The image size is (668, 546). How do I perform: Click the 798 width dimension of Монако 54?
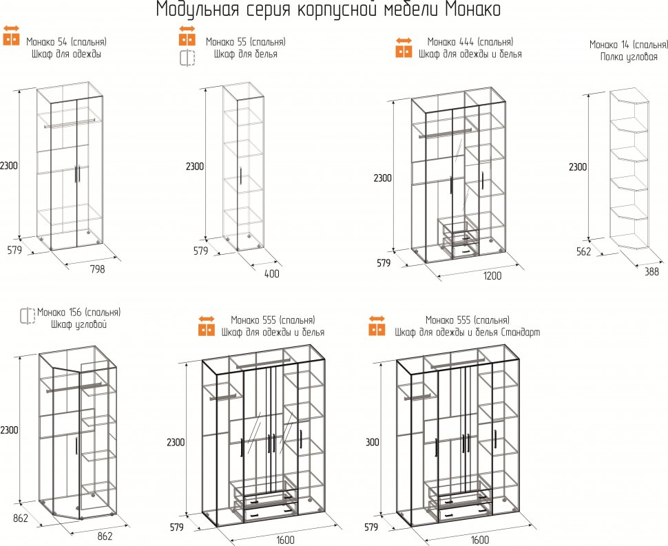(x=97, y=269)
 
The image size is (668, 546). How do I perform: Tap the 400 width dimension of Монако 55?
(x=272, y=273)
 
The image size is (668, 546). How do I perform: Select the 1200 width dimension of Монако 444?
(x=492, y=275)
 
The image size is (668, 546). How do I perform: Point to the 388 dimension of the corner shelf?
(x=651, y=271)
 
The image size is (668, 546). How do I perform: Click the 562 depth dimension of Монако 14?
(x=584, y=251)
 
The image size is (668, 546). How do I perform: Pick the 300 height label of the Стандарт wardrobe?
(x=373, y=442)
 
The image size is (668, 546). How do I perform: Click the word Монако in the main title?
(x=473, y=10)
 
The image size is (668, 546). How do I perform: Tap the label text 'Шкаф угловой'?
(x=79, y=324)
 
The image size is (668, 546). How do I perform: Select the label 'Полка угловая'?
(x=629, y=56)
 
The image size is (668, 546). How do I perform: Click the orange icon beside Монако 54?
(x=12, y=35)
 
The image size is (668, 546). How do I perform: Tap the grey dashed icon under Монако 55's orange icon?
(x=187, y=58)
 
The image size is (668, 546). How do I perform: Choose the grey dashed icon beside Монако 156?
(x=28, y=315)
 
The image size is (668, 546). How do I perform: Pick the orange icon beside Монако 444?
(x=404, y=48)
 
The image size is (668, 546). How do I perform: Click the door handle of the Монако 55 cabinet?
(x=241, y=176)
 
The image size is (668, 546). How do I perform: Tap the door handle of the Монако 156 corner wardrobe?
(x=76, y=445)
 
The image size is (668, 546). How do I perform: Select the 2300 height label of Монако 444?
(x=383, y=178)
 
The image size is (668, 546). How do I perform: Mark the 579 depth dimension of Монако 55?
(x=200, y=251)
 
